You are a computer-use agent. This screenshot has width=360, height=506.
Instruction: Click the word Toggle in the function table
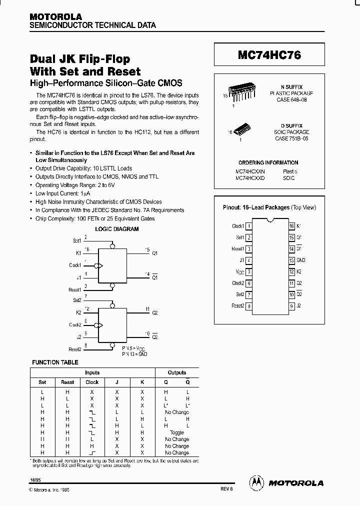coord(177,432)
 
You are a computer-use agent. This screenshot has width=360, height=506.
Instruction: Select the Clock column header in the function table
coord(92,382)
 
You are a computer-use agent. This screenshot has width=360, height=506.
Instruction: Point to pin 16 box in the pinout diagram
coord(291,226)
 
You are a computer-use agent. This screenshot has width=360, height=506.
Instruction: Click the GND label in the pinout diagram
coord(301,260)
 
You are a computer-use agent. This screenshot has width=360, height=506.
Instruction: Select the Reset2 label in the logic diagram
coord(74,349)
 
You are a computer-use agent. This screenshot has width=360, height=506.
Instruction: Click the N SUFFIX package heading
coord(291,87)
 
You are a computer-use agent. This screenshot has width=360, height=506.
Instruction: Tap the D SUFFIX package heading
coord(291,126)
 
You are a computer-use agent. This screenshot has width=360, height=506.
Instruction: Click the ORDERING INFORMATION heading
coord(268,162)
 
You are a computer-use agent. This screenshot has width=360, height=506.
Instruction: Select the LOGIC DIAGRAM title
coord(117,229)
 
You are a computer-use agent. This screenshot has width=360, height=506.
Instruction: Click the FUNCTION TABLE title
coord(55,362)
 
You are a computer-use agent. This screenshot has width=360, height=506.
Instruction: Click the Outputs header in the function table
coord(177,372)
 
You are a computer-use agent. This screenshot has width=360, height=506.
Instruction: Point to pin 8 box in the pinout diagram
coord(249,306)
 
